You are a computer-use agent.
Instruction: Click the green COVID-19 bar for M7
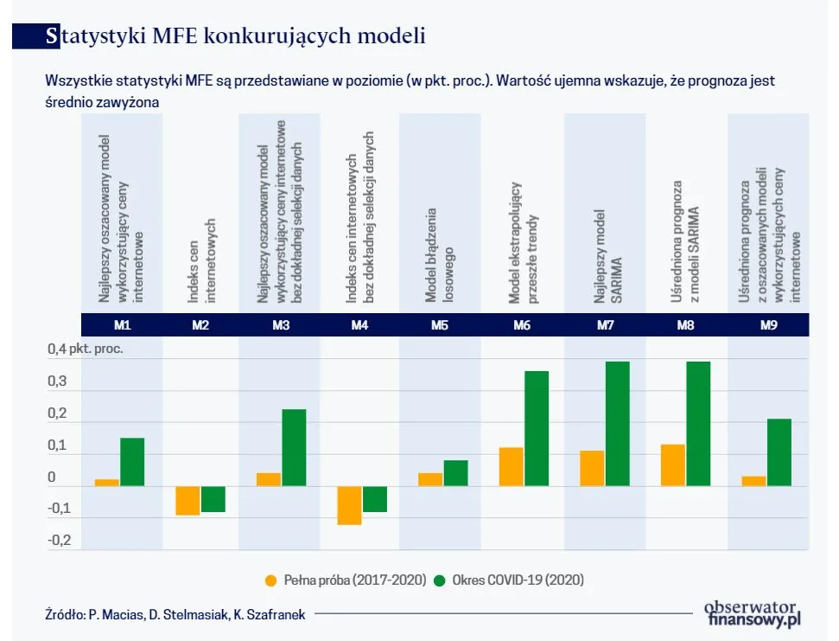click(617, 424)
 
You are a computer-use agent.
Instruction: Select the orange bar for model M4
click(349, 505)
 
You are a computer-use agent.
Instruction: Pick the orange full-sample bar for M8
click(672, 465)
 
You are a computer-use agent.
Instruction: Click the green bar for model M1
click(132, 462)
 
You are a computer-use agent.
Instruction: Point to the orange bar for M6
click(511, 467)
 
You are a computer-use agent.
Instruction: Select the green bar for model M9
click(779, 452)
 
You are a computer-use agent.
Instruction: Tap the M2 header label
click(200, 325)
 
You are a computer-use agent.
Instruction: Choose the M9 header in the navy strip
click(769, 325)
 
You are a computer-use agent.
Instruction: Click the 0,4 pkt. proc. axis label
click(85, 350)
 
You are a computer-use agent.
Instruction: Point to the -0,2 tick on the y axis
click(58, 541)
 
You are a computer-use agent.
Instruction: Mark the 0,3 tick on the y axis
click(58, 381)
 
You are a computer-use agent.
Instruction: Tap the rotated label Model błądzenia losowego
click(439, 255)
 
